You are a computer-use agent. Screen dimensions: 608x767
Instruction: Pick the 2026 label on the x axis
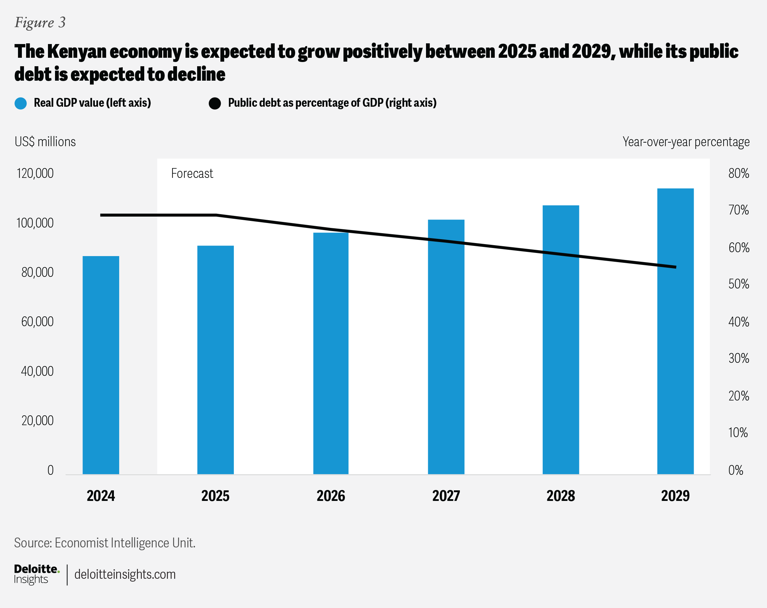pos(330,496)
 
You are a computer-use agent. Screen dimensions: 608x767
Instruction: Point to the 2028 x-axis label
pos(560,496)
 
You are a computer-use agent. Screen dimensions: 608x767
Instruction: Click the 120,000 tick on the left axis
pos(35,173)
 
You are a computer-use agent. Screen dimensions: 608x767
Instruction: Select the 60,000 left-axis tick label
pos(37,322)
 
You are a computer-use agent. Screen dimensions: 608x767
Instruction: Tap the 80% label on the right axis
pos(738,173)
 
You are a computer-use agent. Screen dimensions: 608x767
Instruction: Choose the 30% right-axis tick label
pos(738,358)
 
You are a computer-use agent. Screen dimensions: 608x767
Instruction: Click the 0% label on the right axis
pos(736,470)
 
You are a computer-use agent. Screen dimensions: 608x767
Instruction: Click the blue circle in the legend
pos(21,104)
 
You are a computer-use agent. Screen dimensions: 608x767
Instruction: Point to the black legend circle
pos(215,104)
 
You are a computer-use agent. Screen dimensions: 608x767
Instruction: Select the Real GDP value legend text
pos(92,103)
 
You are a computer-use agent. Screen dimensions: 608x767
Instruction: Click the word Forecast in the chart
pos(192,173)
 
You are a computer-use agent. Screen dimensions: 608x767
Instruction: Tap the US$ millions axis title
pos(45,142)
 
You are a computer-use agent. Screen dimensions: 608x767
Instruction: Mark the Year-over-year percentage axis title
pos(686,142)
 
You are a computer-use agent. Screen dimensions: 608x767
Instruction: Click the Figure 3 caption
pos(40,23)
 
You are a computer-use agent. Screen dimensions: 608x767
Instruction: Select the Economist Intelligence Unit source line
pos(105,542)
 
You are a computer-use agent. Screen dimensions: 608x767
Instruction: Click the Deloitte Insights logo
pos(36,574)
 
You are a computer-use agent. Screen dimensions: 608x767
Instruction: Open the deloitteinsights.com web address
pos(125,574)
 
